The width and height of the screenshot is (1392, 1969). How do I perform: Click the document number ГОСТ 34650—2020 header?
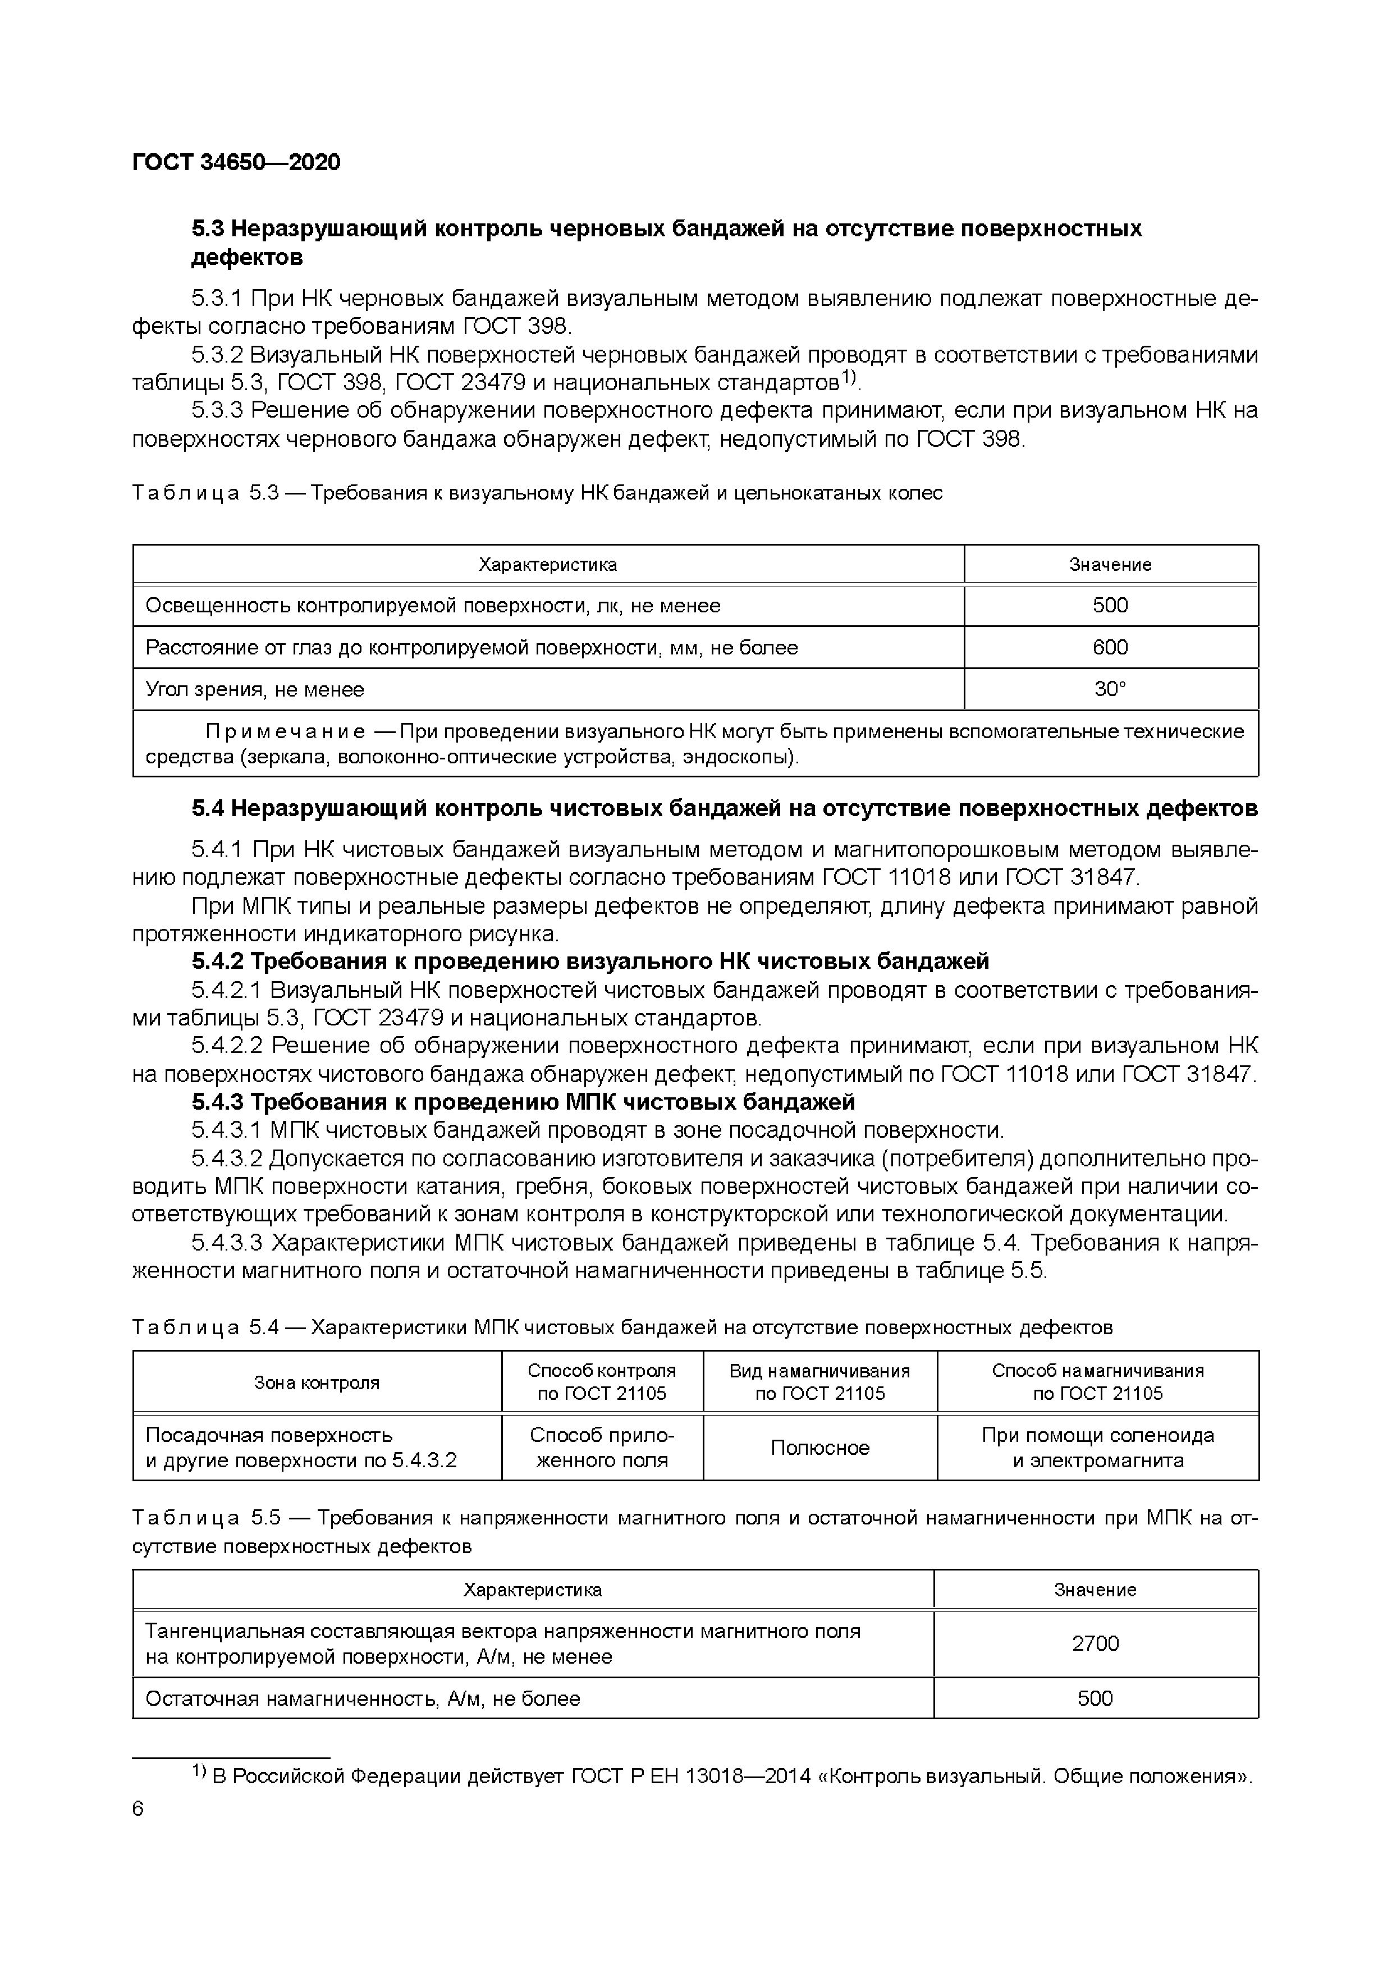pos(236,162)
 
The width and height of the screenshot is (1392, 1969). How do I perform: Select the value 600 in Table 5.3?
pos(1110,648)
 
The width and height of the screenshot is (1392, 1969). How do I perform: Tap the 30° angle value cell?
pos(1110,689)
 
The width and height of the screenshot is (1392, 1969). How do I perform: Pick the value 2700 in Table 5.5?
pos(1095,1643)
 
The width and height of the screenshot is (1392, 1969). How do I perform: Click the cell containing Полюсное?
pos(820,1448)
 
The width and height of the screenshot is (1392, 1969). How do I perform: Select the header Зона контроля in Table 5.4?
pos(317,1382)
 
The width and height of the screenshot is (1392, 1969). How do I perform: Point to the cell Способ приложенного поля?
pos(602,1448)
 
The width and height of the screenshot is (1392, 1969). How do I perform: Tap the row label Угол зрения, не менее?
pos(255,689)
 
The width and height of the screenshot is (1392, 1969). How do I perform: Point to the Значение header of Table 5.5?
pos(1095,1590)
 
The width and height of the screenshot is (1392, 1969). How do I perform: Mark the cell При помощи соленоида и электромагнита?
pos(1098,1448)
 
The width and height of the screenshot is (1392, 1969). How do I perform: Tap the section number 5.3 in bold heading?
pos(208,229)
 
